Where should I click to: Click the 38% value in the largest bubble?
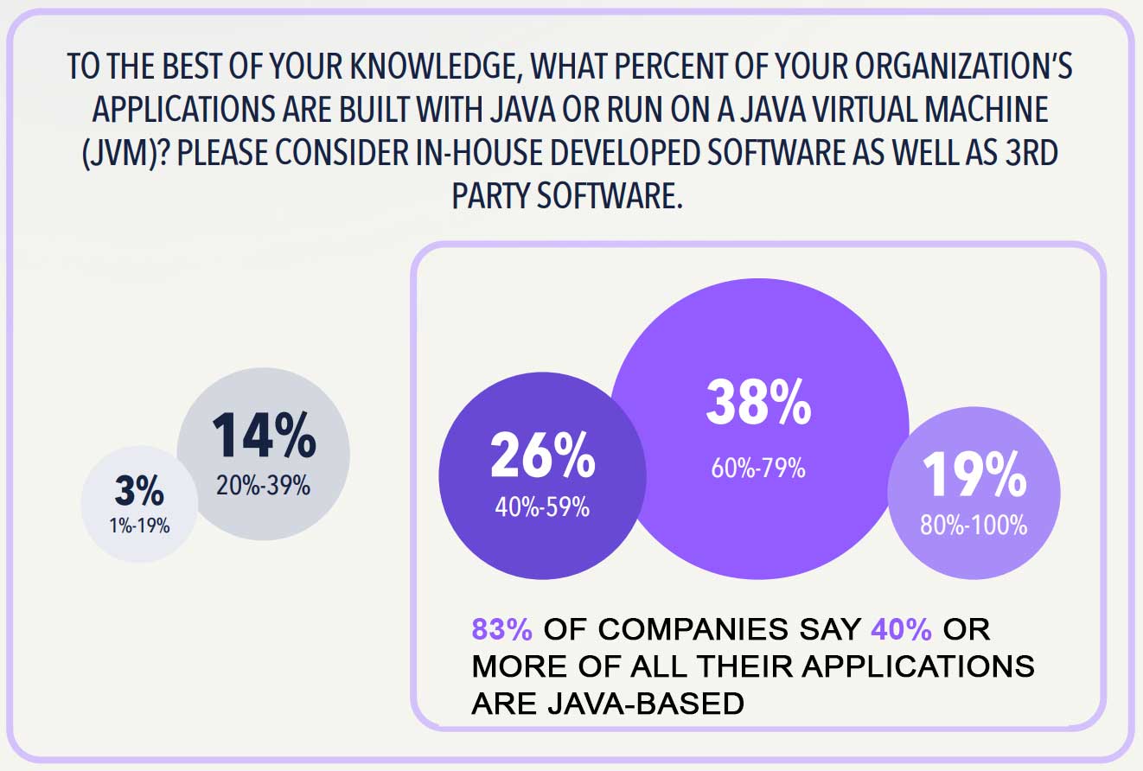759,403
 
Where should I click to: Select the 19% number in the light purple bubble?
974,475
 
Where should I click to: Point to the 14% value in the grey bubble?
263,436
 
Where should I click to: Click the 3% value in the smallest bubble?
138,492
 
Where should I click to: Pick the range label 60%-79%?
758,469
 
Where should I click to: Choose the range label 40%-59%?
542,507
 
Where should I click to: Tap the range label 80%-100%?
974,524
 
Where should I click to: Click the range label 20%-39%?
263,486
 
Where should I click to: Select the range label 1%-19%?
138,524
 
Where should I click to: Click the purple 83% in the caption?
501,629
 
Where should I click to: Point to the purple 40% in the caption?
901,629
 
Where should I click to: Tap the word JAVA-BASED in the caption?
608,704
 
